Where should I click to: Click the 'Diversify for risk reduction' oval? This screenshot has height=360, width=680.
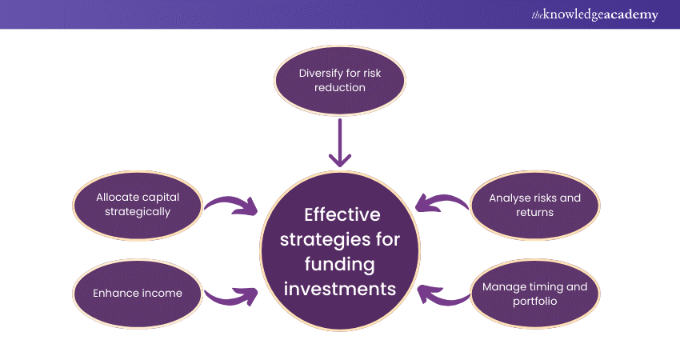[340, 80]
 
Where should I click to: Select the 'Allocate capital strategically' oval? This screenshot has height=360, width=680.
[136, 205]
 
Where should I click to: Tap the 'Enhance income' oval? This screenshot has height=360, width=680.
[136, 293]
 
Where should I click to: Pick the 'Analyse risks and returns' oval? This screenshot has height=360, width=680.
[534, 205]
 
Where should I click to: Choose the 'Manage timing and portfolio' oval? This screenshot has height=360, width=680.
[534, 293]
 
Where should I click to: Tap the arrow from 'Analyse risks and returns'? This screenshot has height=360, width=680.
[443, 204]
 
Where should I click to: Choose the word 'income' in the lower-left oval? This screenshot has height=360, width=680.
[161, 293]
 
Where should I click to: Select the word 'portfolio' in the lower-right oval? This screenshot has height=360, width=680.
[534, 301]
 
